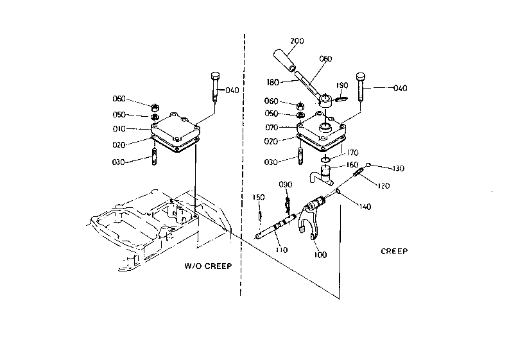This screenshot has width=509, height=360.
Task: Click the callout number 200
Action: [297, 41]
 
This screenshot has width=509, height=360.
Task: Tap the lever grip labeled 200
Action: [285, 60]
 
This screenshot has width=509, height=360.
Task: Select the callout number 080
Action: [325, 59]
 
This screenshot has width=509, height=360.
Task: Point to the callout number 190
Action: [342, 85]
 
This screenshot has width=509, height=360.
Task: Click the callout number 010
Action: [119, 129]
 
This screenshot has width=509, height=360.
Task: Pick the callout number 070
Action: [272, 128]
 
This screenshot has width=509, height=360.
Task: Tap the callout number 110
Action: [281, 250]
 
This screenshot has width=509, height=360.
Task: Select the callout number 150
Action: [259, 197]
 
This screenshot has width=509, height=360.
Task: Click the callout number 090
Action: [286, 184]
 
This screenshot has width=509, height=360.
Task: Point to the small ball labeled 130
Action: [368, 165]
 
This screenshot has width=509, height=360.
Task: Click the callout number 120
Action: [384, 185]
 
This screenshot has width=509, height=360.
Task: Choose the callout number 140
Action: [365, 207]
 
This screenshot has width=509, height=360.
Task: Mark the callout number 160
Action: [352, 164]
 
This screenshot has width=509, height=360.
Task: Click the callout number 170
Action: [352, 152]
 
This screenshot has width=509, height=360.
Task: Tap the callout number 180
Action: [273, 82]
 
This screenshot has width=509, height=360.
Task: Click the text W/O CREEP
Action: [208, 266]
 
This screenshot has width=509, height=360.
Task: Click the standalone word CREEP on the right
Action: [394, 252]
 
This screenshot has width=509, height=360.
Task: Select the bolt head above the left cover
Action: [215, 76]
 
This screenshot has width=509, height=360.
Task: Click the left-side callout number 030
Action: [118, 162]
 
